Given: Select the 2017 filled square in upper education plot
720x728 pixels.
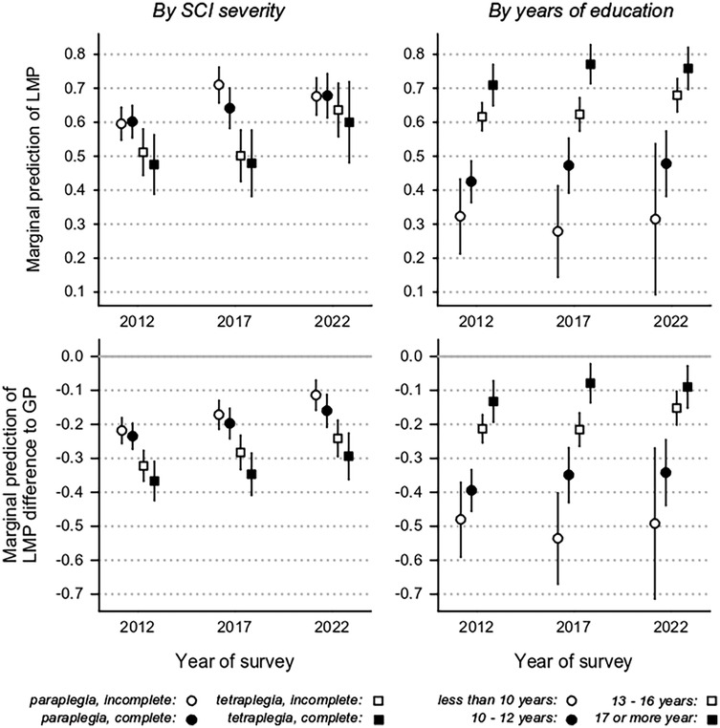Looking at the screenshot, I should click(x=590, y=65).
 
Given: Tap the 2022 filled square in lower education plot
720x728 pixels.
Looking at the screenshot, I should click(x=687, y=387).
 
